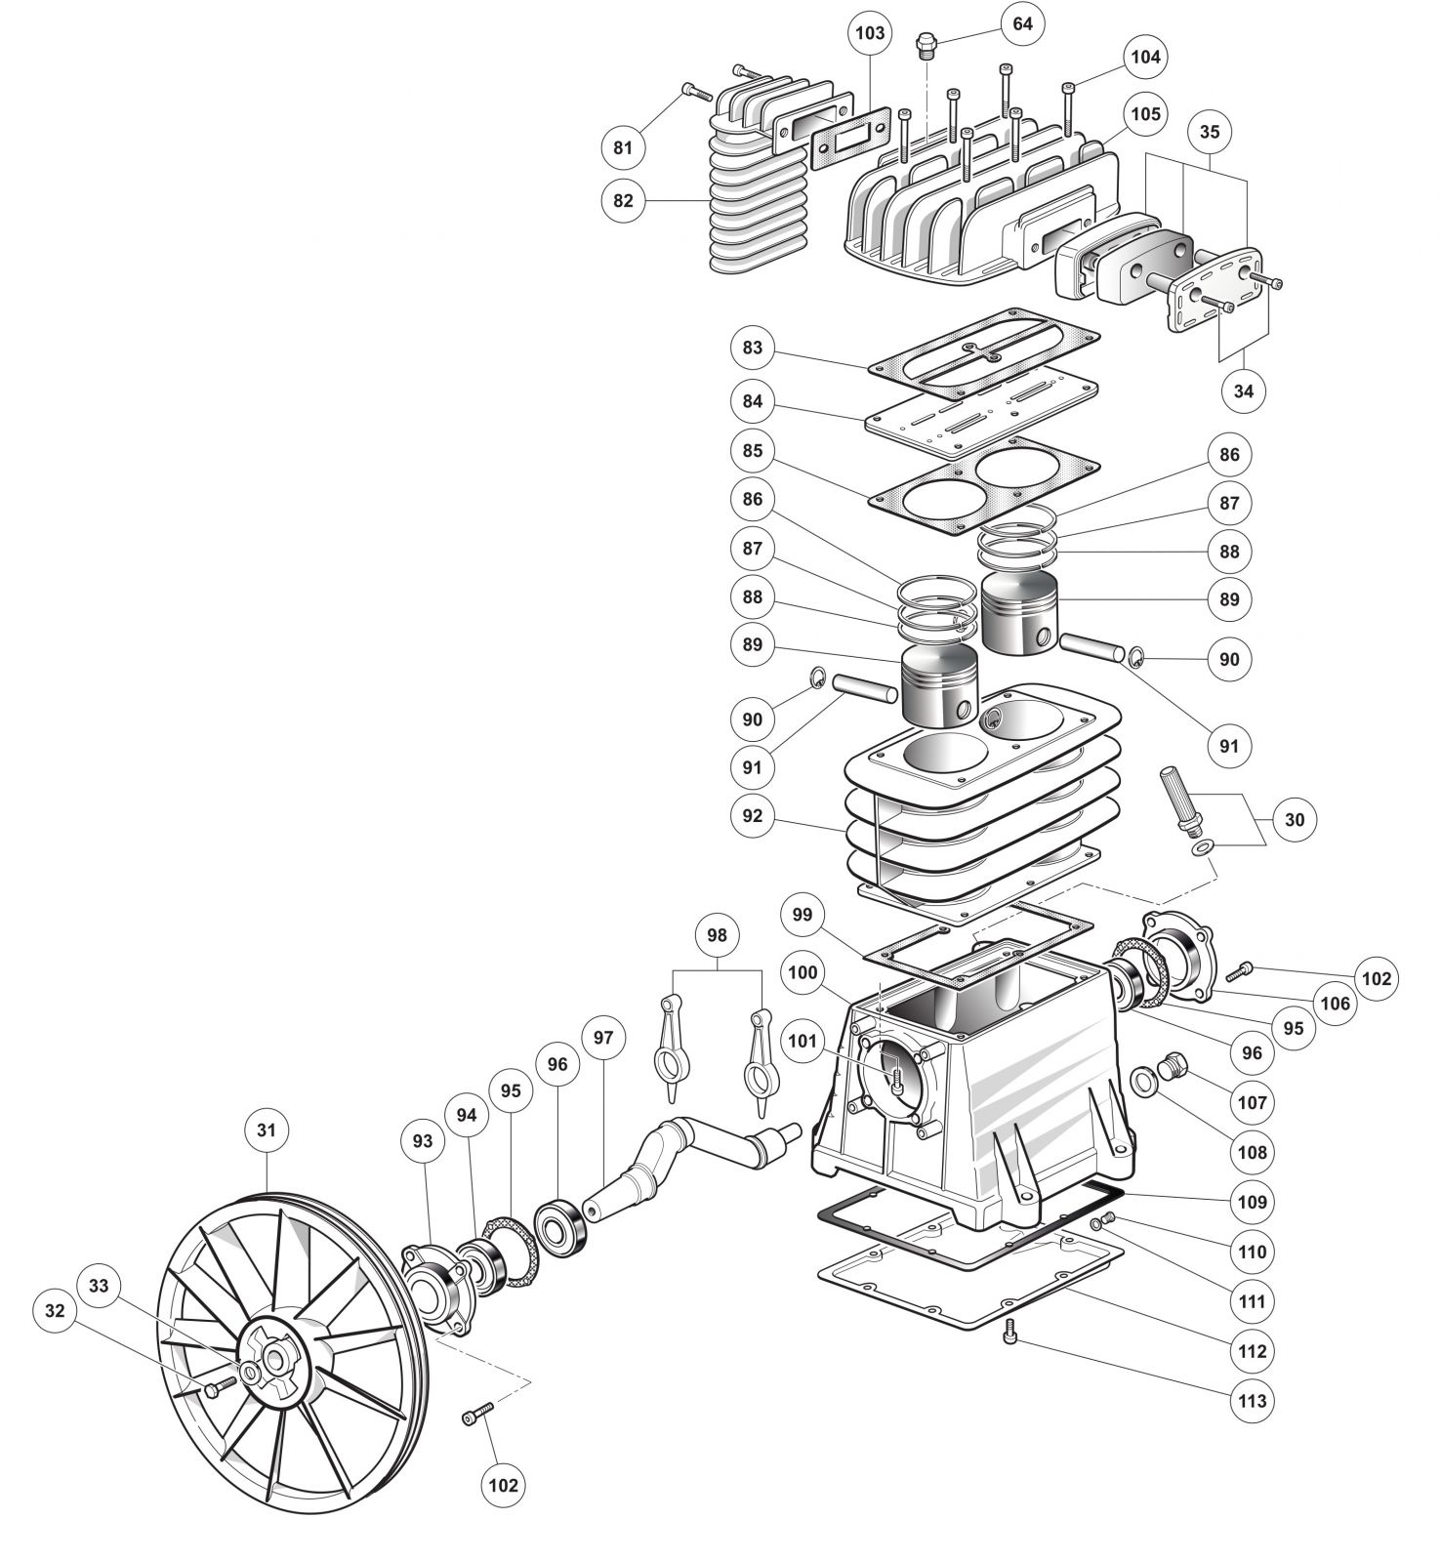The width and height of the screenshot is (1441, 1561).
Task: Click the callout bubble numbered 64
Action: pos(1022,22)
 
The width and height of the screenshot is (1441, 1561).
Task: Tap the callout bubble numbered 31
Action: pos(267,1130)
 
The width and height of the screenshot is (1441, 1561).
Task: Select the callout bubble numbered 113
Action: pos(1252,1401)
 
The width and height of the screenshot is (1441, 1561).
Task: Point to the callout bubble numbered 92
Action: pos(752,815)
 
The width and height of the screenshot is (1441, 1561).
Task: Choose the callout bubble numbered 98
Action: pos(718,935)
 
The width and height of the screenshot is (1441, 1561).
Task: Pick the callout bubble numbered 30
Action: pos(1294,819)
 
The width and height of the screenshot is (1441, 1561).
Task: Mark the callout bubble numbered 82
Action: pos(623,200)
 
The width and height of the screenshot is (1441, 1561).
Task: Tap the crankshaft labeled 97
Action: pos(688,1161)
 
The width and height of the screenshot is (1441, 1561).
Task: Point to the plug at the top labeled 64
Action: pos(925,45)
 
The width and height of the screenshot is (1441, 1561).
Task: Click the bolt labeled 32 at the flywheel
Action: pos(216,1388)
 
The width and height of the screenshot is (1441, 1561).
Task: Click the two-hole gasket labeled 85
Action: pos(983,484)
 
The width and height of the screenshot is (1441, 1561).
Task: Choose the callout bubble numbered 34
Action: pos(1243,390)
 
